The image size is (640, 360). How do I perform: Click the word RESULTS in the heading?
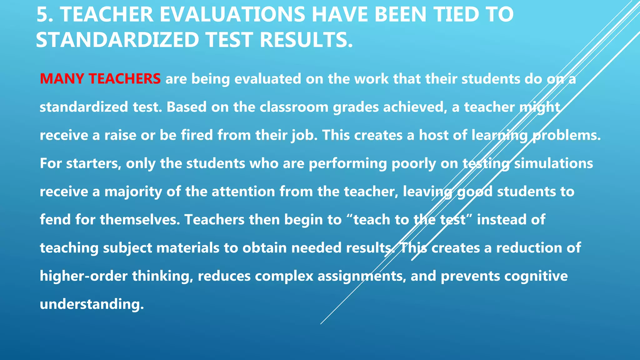[x=306, y=40]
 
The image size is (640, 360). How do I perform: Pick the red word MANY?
[x=62, y=79]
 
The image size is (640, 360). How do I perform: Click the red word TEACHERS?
[x=125, y=79]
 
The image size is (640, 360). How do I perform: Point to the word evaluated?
[x=267, y=79]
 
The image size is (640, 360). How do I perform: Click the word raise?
[x=120, y=135]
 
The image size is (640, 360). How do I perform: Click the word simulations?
[x=553, y=163]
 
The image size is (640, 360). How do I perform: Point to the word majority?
[x=133, y=192]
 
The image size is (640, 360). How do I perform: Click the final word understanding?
[x=92, y=304]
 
